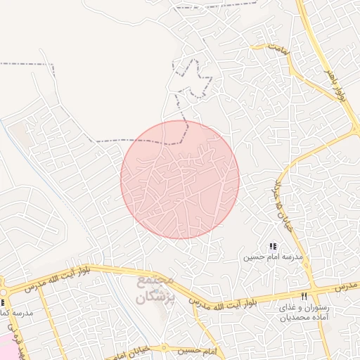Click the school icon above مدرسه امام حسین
click(x=273, y=246)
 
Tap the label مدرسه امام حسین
click(x=273, y=257)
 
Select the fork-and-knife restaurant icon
click(x=304, y=296)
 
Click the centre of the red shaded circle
click(x=180, y=179)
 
